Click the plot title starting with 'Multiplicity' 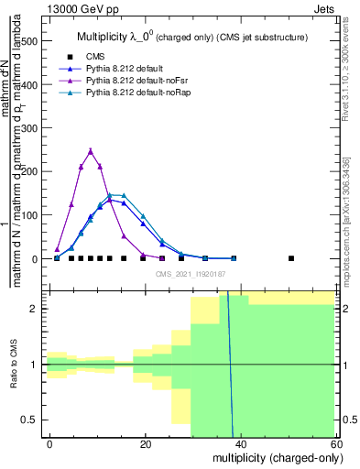(x=192, y=37)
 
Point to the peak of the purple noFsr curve (x=91, y=151)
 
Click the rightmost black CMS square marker (x=291, y=258)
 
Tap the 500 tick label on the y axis (x=32, y=41)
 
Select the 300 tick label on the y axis (x=32, y=128)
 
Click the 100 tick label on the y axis (x=32, y=215)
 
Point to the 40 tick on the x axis (x=242, y=443)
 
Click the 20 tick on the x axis (x=146, y=443)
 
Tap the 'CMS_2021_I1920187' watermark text (x=191, y=274)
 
